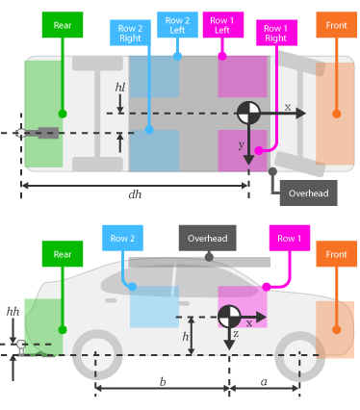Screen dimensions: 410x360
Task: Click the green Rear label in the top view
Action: pos(63,25)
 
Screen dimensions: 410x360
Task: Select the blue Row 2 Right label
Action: pos(130,33)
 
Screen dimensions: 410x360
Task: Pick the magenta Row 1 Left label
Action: pos(222,26)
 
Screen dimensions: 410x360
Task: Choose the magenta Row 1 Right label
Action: pos(276,34)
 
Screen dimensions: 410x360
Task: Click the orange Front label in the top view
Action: pos(336,25)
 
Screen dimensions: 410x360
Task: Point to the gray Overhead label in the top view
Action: pos(309,192)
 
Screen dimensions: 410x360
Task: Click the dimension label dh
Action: pos(135,193)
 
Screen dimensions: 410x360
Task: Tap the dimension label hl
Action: pos(120,87)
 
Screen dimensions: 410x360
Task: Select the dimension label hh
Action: pos(13,312)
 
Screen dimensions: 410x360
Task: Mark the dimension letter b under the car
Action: pos(162,381)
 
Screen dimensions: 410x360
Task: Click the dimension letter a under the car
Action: pos(264,381)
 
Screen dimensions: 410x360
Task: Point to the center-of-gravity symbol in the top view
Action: pos(248,113)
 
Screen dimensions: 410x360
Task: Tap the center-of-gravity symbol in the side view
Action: pos(229,316)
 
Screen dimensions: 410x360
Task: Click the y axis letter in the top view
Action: pos(241,144)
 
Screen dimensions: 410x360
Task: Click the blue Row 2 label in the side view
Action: pos(122,238)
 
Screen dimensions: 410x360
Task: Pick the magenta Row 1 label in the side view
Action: pos(289,238)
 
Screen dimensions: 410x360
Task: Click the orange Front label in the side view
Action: pos(336,254)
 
